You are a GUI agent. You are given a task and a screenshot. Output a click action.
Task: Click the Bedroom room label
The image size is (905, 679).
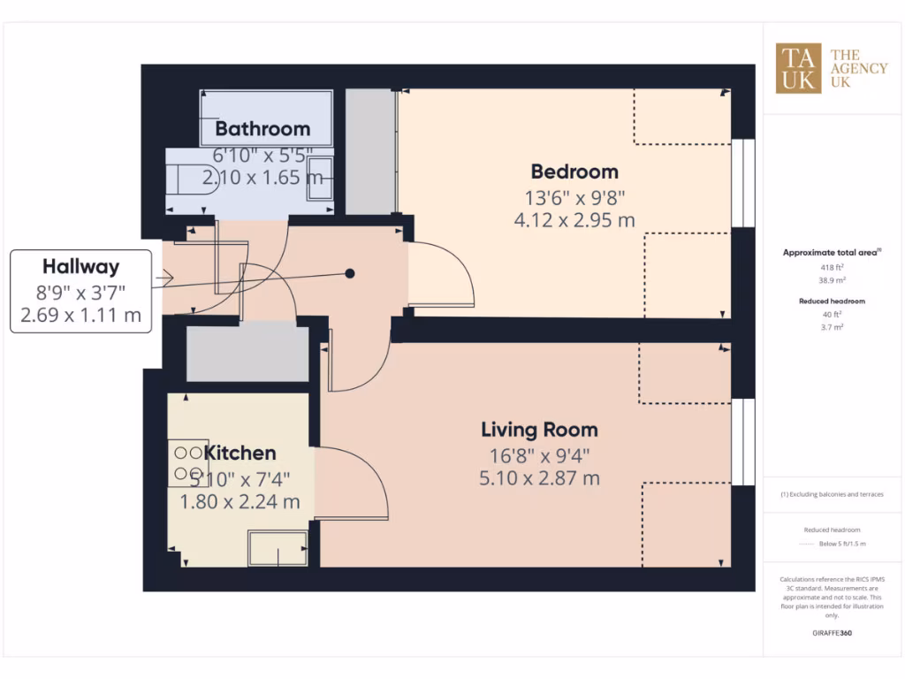[x=574, y=172]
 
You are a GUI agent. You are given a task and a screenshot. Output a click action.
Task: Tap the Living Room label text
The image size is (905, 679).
[x=539, y=430]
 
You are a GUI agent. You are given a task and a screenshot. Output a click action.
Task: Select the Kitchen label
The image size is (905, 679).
[x=240, y=453]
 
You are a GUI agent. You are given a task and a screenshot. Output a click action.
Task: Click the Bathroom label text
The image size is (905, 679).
[x=262, y=129]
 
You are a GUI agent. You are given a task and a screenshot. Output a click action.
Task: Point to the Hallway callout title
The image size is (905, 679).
[x=80, y=266]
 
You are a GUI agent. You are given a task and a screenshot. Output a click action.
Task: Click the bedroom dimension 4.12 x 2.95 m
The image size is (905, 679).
[x=574, y=220]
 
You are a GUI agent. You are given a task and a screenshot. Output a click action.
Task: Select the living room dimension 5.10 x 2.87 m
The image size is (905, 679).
[x=539, y=478]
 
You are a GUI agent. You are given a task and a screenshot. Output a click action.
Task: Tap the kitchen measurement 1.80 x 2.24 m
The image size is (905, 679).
[x=240, y=501]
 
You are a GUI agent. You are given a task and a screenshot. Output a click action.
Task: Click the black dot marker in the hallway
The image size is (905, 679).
[x=350, y=273]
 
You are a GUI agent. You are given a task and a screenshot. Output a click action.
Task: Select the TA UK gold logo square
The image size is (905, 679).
[x=798, y=68]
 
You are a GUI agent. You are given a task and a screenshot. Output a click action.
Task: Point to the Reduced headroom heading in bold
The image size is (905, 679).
[x=831, y=301]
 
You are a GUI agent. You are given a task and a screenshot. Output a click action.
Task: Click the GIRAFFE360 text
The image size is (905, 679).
[x=831, y=633]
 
